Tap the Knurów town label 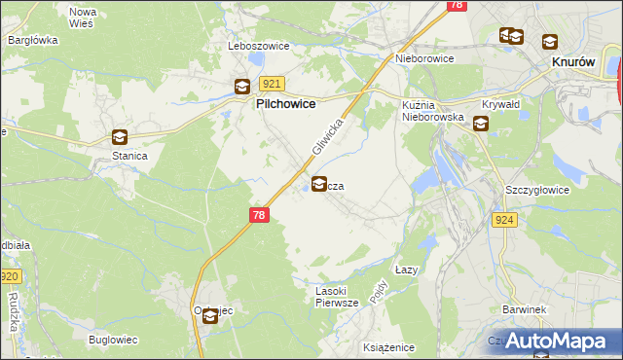click(x=573, y=60)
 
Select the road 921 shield click(x=273, y=85)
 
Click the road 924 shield click(x=503, y=221)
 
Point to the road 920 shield click(x=9, y=277)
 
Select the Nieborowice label click(x=424, y=58)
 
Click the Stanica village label click(x=128, y=156)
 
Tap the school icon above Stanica click(x=119, y=138)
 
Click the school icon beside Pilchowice click(x=241, y=87)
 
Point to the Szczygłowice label click(x=536, y=191)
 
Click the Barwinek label click(x=522, y=309)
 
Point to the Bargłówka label click(x=33, y=41)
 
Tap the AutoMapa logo click(x=556, y=340)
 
